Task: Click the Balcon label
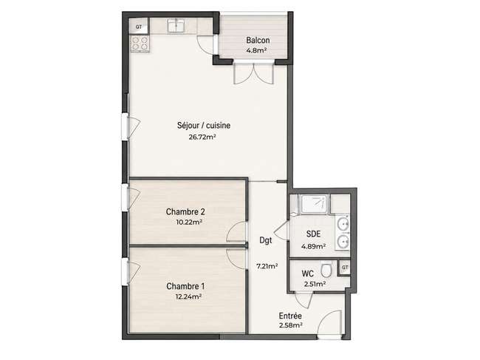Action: pos(258,40)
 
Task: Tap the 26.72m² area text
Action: pos(202,137)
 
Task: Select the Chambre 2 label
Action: pos(185,211)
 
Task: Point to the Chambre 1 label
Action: pos(185,286)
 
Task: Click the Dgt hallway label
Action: pos(265,240)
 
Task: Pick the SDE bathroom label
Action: pos(313,234)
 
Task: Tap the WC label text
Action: pos(307,274)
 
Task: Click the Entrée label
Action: pos(290,316)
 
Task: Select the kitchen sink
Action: pos(176,25)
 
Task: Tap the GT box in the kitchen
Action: pos(139,27)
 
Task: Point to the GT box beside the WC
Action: pos(345,268)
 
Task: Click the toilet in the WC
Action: pos(326,270)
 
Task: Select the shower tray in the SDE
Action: pos(315,204)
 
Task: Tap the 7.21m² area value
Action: pos(267,266)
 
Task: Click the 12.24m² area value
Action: pos(188,296)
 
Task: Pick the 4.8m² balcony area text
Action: pos(256,50)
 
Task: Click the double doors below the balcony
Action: pos(253,72)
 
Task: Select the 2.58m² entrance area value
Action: pos(291,325)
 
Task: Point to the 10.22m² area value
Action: pos(188,222)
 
